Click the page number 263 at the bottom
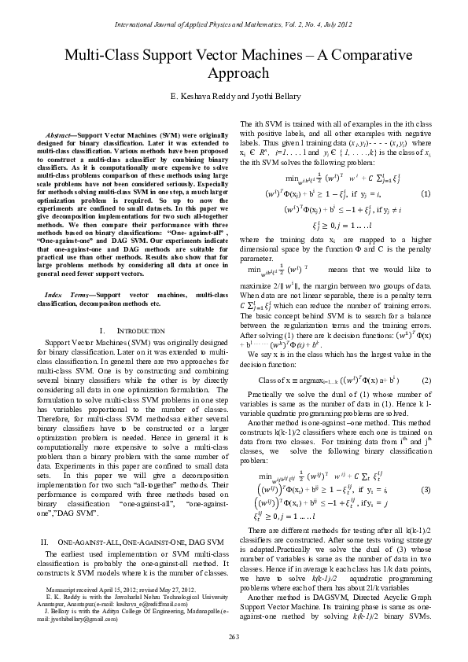click(x=234, y=635)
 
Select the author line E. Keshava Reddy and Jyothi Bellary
click(x=234, y=95)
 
